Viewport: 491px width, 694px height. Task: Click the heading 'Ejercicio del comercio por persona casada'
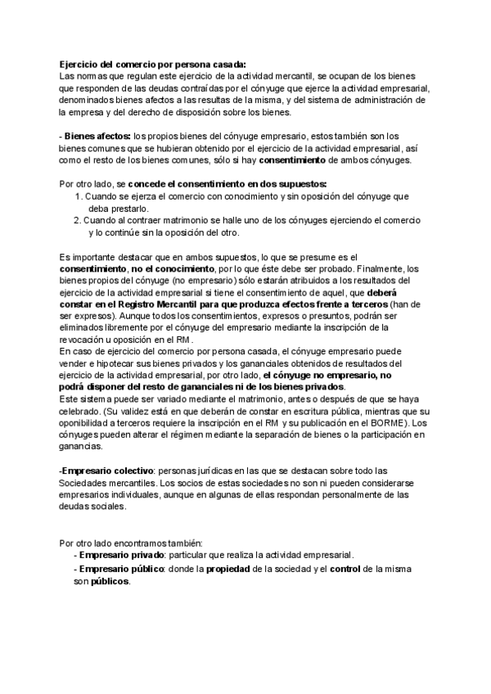click(152, 65)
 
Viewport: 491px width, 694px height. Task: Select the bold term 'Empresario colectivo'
click(106, 471)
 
